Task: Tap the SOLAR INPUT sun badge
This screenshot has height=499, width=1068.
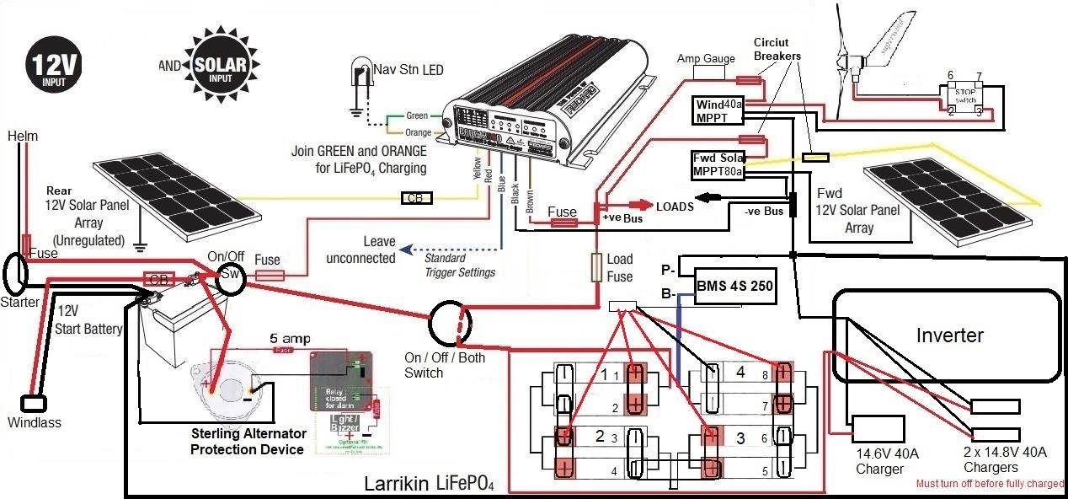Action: pos(206,64)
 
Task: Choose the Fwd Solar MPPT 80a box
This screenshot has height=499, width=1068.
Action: pos(718,164)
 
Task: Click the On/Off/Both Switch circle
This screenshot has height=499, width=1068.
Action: pos(452,325)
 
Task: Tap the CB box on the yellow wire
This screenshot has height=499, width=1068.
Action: pos(415,199)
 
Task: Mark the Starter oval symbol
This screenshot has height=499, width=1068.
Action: pos(14,274)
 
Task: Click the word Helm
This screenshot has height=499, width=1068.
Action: pos(23,136)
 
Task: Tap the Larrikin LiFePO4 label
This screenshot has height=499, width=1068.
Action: pos(429,485)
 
